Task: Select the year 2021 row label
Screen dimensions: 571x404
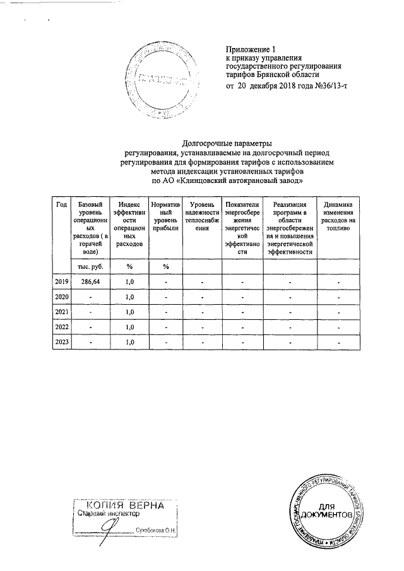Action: click(x=61, y=312)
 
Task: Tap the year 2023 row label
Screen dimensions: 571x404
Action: click(x=61, y=342)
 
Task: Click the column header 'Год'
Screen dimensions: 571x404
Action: click(x=61, y=204)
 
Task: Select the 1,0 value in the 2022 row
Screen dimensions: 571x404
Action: click(x=131, y=327)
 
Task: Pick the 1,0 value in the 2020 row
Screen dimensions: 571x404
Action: click(x=131, y=297)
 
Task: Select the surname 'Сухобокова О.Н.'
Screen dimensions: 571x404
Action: click(x=156, y=530)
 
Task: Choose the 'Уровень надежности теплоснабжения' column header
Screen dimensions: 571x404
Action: click(x=201, y=217)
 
